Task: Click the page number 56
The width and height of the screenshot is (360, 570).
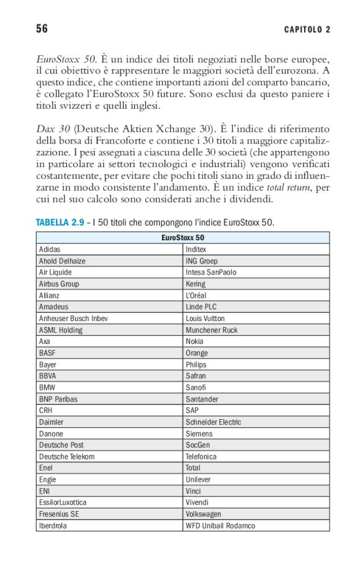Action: (x=42, y=29)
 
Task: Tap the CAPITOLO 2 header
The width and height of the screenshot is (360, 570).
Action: (x=307, y=30)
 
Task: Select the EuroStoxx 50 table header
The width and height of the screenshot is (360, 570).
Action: (x=182, y=238)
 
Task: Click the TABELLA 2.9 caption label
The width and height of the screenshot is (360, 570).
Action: (x=60, y=222)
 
